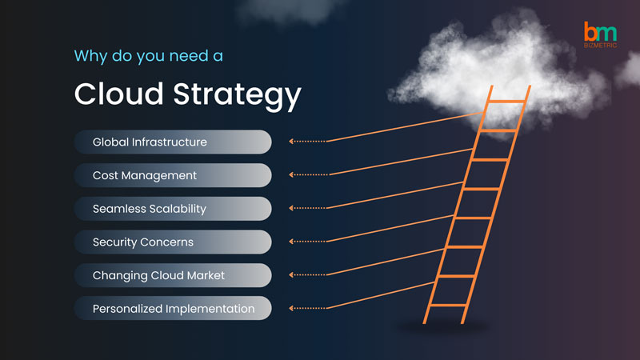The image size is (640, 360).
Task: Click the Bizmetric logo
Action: click(x=600, y=34)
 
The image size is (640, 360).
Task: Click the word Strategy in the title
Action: click(x=237, y=95)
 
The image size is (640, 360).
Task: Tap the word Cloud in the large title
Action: click(x=118, y=94)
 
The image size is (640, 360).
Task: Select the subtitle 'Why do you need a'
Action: click(x=149, y=56)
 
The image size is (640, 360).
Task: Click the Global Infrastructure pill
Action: click(x=173, y=142)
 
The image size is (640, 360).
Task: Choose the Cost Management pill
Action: click(x=173, y=175)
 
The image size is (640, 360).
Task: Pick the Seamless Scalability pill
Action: click(x=173, y=209)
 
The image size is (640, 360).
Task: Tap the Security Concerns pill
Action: click(x=173, y=242)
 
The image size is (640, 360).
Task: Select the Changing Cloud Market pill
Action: click(x=173, y=275)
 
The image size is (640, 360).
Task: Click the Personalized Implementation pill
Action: click(x=173, y=308)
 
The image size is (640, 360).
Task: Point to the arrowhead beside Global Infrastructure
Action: click(x=291, y=142)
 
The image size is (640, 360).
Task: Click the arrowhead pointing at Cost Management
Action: click(x=291, y=174)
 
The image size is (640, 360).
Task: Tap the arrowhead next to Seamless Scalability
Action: click(x=291, y=208)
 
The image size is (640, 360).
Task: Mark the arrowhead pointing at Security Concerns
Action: click(x=291, y=242)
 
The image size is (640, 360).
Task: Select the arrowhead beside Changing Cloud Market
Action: click(x=291, y=274)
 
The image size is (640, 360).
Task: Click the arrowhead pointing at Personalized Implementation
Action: click(x=291, y=308)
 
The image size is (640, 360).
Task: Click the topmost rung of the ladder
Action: click(x=507, y=102)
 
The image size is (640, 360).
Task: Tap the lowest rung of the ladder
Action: click(x=448, y=305)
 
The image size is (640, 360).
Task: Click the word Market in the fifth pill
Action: click(x=206, y=275)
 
